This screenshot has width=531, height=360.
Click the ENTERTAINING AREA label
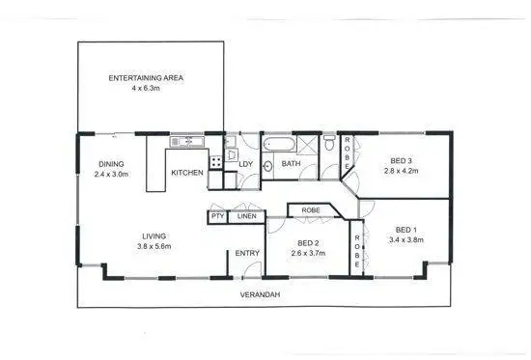146,76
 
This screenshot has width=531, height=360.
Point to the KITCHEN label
186,173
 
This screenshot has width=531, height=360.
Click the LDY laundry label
245,164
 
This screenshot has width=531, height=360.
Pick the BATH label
291,164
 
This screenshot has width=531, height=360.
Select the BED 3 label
401,160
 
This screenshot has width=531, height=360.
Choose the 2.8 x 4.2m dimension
401,171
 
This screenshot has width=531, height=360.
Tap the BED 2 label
308,242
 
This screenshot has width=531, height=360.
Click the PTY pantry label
216,217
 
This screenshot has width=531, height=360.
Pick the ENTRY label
247,253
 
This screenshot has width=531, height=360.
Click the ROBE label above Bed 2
311,209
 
